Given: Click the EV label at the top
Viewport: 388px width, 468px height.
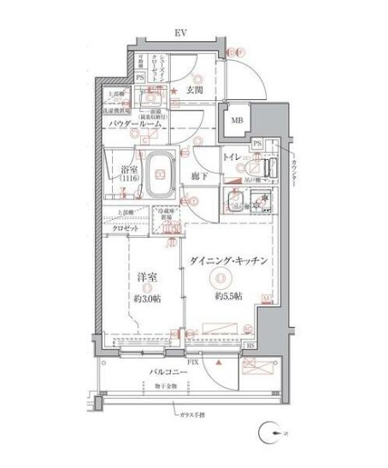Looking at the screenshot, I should pyautogui.click(x=180, y=33).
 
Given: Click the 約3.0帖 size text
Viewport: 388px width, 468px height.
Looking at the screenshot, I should pyautogui.click(x=147, y=299).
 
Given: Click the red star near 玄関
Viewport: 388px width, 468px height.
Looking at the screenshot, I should pyautogui.click(x=173, y=90).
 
